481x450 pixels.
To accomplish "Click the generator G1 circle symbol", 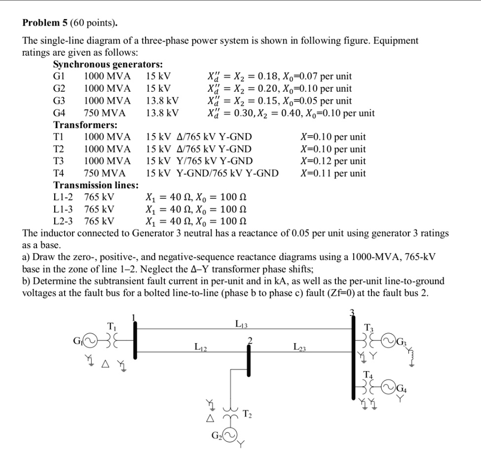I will tap(90, 340).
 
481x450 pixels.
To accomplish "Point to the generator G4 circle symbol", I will tap(388, 387).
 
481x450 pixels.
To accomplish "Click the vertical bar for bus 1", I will tap(135, 340).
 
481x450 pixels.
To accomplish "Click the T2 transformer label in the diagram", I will tap(248, 415).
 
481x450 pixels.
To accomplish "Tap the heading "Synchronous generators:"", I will tap(108, 65).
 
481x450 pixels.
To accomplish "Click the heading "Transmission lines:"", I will tap(96, 185).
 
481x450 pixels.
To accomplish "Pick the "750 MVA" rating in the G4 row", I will tap(105, 113).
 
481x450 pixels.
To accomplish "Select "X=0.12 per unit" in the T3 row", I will tap(333, 161).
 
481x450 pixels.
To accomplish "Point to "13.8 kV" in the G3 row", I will tap(162, 101).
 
